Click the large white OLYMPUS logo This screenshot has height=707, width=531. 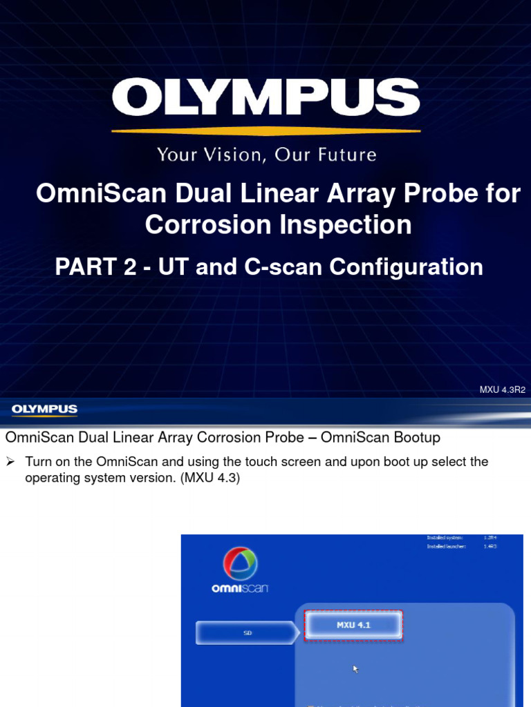coord(266,97)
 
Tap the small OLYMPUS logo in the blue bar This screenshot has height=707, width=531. coord(44,409)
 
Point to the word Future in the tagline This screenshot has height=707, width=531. coord(346,154)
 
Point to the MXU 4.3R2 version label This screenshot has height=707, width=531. coord(503,389)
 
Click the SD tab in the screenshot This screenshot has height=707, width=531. coord(247,632)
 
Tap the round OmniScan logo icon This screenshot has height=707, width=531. coord(240,565)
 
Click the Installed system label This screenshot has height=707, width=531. coord(445,537)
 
